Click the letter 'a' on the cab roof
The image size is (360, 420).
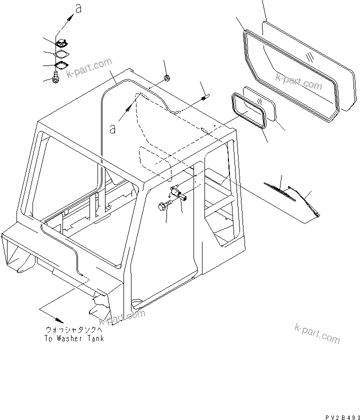tap(113, 128)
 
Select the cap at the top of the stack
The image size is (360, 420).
tap(62, 44)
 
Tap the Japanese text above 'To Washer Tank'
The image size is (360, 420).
tap(74, 330)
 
